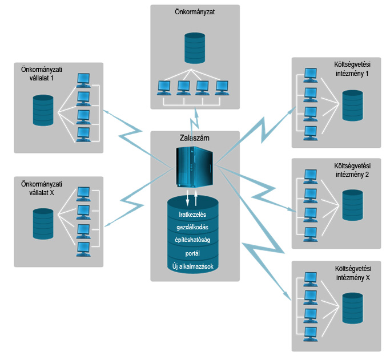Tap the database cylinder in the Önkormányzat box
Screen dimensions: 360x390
195,48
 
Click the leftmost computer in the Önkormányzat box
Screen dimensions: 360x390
164,87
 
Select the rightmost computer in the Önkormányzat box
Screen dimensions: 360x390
222,87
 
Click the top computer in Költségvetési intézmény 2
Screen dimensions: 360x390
311,175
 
